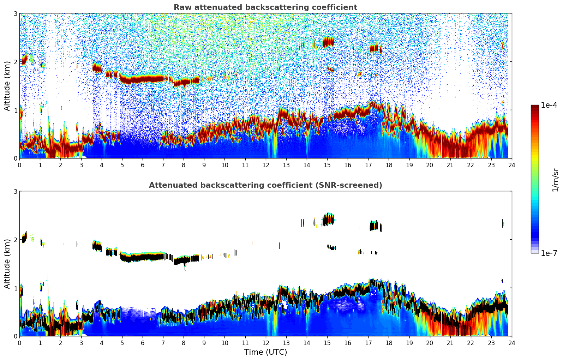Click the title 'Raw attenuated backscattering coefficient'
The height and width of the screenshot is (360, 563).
click(x=265, y=7)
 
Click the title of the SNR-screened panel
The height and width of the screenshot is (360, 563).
click(x=265, y=185)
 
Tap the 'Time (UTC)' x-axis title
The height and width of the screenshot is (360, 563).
click(x=265, y=352)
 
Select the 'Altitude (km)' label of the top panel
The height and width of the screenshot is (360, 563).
click(x=7, y=86)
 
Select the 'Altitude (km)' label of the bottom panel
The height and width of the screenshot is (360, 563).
click(x=7, y=264)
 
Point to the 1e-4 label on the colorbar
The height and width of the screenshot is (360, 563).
click(x=549, y=105)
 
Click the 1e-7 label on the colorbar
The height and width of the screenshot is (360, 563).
click(x=549, y=253)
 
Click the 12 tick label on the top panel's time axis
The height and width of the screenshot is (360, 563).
click(x=265, y=165)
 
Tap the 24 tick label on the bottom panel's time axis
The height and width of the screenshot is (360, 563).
click(x=511, y=343)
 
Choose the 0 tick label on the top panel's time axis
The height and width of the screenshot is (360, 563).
click(x=19, y=165)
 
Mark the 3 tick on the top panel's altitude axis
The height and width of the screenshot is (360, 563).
click(x=15, y=13)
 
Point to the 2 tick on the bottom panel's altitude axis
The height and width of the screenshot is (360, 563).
click(x=15, y=240)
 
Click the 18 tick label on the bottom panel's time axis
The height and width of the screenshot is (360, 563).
click(x=389, y=343)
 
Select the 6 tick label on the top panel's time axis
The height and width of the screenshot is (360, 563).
click(x=143, y=165)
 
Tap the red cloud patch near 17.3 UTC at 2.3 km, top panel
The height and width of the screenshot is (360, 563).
click(x=374, y=48)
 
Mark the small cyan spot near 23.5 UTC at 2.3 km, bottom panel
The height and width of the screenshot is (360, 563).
click(x=503, y=223)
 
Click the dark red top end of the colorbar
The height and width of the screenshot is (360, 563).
click(x=535, y=107)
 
